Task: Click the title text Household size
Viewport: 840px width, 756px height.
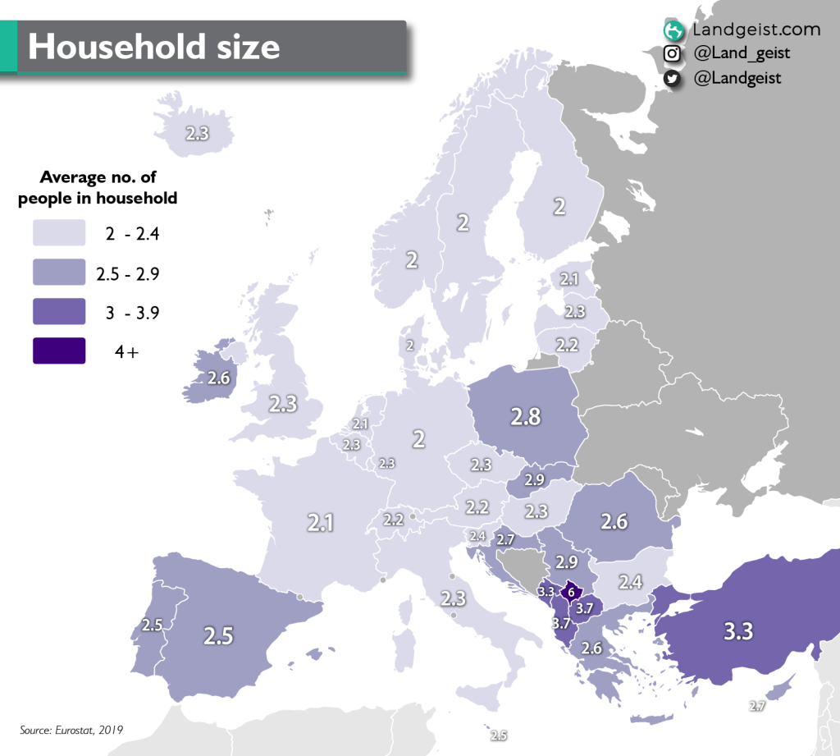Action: tap(153, 47)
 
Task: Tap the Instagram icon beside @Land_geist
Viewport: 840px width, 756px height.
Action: tap(672, 54)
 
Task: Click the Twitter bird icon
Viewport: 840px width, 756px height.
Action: tap(672, 79)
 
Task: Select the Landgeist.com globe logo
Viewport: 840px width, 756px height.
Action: tap(673, 30)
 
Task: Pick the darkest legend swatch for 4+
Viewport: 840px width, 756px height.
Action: tap(59, 351)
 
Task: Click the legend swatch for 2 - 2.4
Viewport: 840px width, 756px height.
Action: tap(59, 232)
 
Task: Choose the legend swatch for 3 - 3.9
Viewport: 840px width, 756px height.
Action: tap(59, 311)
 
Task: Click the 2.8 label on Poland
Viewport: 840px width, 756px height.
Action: tap(525, 416)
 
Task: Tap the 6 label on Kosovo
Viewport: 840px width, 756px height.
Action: tap(571, 591)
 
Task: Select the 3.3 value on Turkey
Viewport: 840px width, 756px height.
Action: tap(737, 631)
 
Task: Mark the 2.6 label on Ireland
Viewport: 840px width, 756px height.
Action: tap(218, 378)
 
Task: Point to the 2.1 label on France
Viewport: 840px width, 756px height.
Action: tap(320, 522)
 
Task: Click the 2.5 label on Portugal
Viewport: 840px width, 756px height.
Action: tap(151, 625)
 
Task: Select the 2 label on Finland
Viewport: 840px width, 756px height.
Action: tap(559, 206)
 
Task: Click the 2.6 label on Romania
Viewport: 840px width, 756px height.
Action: tap(614, 520)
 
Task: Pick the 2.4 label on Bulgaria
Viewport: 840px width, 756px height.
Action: tap(630, 582)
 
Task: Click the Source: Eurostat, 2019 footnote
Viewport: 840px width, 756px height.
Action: tap(72, 729)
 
